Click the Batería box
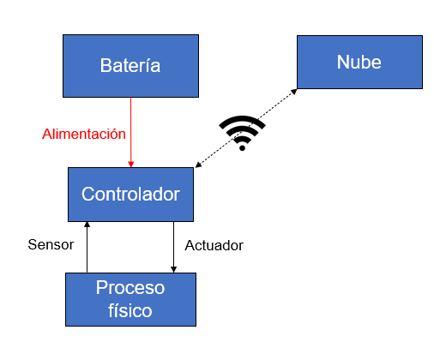coord(130,66)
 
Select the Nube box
coord(359,62)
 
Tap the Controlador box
coord(130,195)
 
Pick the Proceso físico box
coord(130,299)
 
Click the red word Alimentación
coord(84,134)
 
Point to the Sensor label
coord(51,244)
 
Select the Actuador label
coord(214,245)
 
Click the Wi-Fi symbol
coord(242,133)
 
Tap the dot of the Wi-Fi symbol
coord(242,148)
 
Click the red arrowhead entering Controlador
coord(131,165)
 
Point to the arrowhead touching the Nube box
coord(294,92)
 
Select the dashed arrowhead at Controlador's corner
coord(198,165)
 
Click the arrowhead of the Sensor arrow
coord(87,225)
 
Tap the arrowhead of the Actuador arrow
coord(173,270)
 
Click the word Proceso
coord(130,288)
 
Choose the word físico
coord(130,310)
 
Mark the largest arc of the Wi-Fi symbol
coord(242,121)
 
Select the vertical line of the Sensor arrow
coord(87,247)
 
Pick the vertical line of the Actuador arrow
coord(173,247)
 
